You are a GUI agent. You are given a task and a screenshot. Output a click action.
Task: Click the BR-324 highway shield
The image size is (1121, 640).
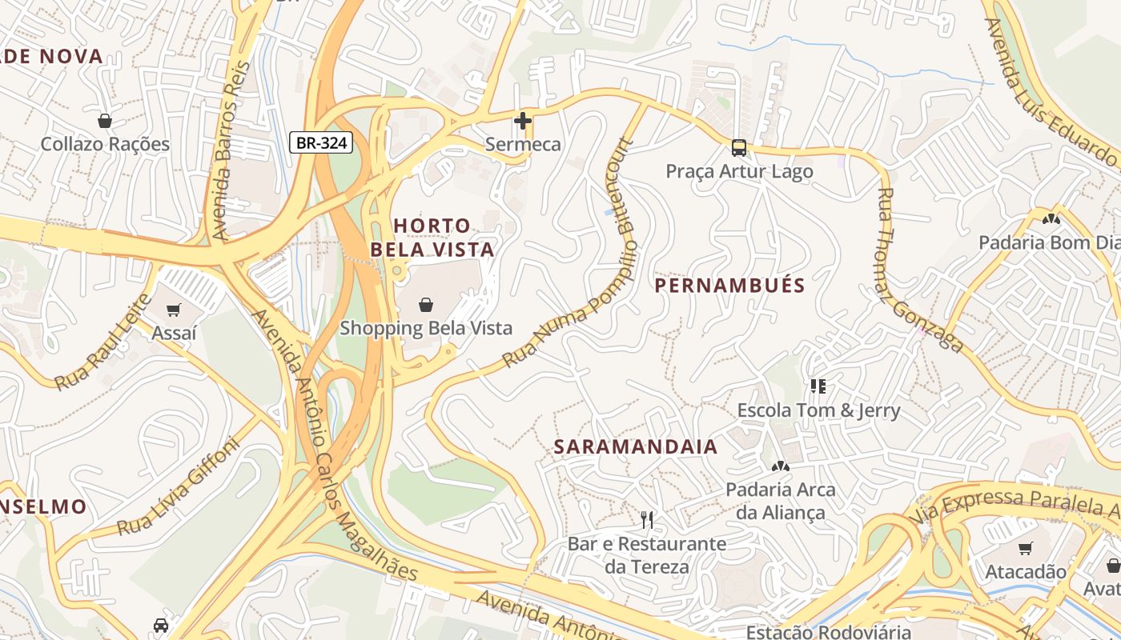tap(321, 143)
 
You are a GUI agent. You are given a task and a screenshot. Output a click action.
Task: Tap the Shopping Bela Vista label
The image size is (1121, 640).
tap(426, 328)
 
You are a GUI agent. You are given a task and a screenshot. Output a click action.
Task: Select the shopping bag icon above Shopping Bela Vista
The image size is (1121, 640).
tap(426, 305)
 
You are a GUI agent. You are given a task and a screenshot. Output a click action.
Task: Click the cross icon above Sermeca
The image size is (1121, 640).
tap(523, 122)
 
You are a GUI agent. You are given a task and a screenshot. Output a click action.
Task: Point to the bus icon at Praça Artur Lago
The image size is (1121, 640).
tap(739, 148)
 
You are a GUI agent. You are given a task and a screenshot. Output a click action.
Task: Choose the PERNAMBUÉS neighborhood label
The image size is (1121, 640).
tap(729, 286)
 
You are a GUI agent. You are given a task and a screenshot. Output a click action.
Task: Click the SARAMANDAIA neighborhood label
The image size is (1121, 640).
tap(636, 447)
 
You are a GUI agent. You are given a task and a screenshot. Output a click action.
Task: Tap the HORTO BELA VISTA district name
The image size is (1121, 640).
tap(432, 238)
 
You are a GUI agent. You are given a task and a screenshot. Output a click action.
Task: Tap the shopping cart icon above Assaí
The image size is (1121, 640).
tap(174, 310)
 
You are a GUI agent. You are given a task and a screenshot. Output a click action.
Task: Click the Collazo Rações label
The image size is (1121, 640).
tap(105, 145)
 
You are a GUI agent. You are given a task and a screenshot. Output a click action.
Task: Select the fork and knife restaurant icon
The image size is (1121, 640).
tap(647, 520)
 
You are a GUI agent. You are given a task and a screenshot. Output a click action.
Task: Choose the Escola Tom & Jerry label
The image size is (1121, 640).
tap(818, 410)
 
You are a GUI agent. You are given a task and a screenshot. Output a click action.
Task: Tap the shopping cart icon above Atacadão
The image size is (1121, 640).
tap(1025, 549)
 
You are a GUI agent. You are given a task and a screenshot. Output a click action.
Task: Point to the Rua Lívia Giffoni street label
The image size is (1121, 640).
tap(178, 486)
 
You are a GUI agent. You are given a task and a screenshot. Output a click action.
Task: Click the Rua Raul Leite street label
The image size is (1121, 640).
tap(102, 343)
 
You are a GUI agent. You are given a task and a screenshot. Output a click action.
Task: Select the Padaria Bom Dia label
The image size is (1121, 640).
tap(1050, 242)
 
